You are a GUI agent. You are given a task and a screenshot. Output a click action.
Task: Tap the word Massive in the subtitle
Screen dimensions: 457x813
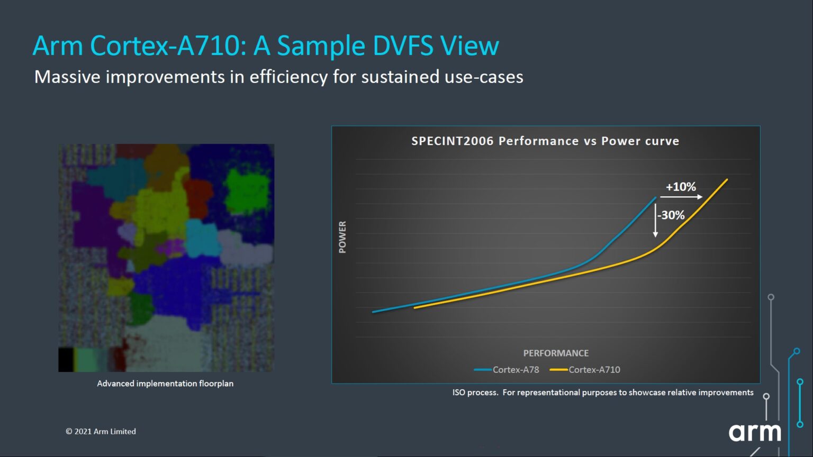click(x=67, y=77)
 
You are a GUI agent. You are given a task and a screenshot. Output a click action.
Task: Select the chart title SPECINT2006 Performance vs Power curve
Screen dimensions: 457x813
click(x=545, y=141)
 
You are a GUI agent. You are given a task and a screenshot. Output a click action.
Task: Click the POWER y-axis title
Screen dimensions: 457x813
click(x=342, y=237)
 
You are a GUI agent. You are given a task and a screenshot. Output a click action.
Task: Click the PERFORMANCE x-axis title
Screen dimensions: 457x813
click(x=556, y=353)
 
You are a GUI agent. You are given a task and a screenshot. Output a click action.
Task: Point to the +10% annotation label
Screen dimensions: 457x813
click(x=681, y=187)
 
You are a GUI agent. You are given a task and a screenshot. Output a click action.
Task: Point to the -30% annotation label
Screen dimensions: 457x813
click(x=672, y=215)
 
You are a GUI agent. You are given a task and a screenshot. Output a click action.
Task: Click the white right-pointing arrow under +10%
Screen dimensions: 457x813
click(x=681, y=197)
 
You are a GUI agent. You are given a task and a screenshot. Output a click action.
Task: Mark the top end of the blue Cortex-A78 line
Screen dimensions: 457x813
click(x=655, y=198)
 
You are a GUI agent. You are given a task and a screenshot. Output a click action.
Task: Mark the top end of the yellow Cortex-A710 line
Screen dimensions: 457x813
click(x=727, y=180)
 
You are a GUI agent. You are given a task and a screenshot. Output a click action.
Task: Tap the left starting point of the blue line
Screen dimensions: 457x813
click(x=374, y=312)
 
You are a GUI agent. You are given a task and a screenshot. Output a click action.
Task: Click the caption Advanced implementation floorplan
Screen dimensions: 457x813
click(x=165, y=383)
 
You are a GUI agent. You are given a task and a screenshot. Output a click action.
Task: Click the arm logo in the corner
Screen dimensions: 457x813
click(x=755, y=432)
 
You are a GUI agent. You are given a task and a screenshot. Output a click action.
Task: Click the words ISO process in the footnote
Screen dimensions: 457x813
click(x=475, y=392)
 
